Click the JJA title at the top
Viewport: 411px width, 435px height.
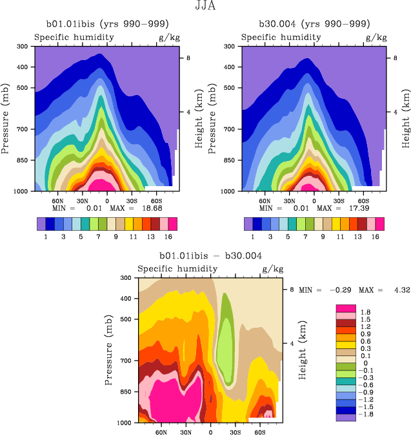205,6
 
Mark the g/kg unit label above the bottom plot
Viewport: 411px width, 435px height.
274,269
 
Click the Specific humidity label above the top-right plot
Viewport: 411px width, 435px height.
281,37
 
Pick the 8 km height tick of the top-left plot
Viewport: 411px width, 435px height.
188,58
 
